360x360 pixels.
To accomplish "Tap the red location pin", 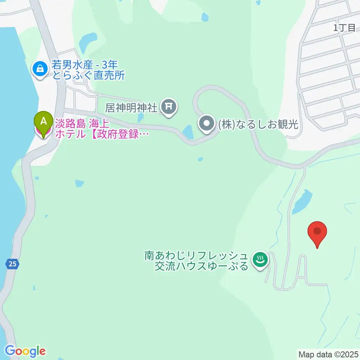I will tap(317, 232).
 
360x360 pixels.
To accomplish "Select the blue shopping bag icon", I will tap(39, 68).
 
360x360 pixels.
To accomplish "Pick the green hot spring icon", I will tap(259, 259).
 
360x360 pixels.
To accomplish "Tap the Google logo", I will tap(25, 351).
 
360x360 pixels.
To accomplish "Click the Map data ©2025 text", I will tap(328, 354).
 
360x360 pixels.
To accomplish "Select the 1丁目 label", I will tap(344, 27).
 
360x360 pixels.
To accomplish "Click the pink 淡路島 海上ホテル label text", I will tap(99, 128).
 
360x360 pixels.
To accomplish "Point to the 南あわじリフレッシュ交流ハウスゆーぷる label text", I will tap(196, 261).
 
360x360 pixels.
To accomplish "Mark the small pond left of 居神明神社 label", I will tap(140, 117).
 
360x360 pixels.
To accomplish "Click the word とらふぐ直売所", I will tap(88, 75).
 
